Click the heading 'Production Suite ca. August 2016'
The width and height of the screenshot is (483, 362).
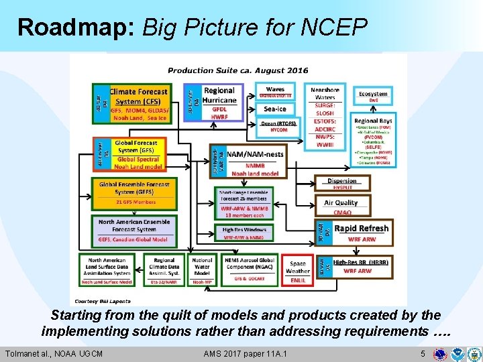point(237,70)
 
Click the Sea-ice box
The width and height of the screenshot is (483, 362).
point(274,109)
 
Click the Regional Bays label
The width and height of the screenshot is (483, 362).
point(373,121)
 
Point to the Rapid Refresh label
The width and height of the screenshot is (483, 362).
point(361,228)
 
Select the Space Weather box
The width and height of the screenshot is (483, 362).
point(298,270)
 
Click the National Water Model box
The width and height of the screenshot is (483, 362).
point(202,268)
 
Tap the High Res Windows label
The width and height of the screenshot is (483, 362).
point(244,230)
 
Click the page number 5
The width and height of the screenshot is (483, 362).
point(423,353)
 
